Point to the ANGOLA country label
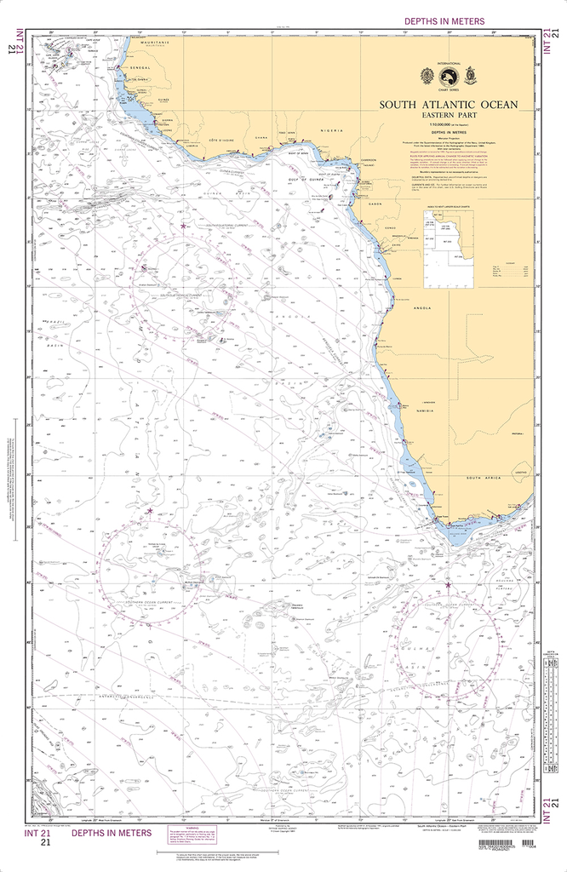point(423,307)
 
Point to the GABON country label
point(374,204)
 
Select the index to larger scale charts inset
point(444,243)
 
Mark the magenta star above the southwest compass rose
point(151,511)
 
